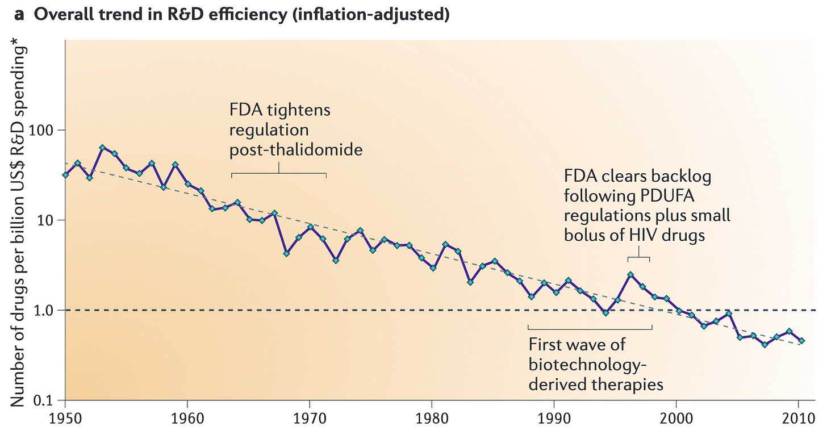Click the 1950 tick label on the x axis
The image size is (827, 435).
coord(65,419)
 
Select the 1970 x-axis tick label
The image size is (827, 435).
coord(310,419)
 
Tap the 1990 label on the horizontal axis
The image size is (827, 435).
coord(554,419)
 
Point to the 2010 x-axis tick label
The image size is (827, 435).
coord(799,419)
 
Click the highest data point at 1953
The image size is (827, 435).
coord(103,147)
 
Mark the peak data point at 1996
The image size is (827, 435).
coord(630,275)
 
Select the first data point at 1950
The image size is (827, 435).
coord(66,175)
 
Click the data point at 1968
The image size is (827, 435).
coord(286,253)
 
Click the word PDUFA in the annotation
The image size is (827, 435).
coord(667,196)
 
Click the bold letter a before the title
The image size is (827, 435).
coord(19,15)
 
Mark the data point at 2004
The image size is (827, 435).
coord(729,313)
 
